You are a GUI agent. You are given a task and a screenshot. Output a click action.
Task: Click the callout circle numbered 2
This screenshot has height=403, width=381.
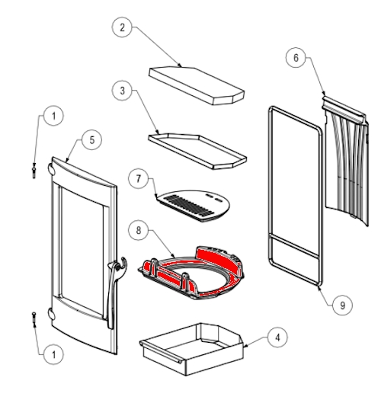[122, 27]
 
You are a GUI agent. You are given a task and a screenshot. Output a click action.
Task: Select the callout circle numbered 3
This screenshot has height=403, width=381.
[122, 91]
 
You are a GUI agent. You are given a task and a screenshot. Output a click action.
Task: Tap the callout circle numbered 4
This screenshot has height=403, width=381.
[277, 337]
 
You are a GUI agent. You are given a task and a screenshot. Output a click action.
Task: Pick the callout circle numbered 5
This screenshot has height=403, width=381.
[92, 140]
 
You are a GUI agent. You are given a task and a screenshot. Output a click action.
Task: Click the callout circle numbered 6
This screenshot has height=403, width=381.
[296, 58]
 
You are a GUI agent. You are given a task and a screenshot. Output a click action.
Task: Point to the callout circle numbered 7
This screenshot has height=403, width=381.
[139, 178]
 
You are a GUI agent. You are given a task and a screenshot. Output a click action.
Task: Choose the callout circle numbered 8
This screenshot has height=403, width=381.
[139, 230]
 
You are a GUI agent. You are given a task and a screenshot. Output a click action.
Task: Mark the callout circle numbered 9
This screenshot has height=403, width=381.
[342, 305]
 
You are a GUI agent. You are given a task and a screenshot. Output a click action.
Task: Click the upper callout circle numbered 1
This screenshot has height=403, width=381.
[53, 116]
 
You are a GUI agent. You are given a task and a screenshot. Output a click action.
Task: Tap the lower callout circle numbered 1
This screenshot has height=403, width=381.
[53, 355]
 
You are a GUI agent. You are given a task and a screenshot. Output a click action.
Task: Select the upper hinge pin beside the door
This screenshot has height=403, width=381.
[34, 171]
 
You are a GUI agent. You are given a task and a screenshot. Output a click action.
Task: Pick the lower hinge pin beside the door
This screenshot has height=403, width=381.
[34, 319]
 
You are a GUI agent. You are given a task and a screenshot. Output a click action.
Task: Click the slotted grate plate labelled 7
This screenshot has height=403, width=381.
[194, 206]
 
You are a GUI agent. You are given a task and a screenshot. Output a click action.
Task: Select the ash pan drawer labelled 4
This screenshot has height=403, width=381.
[191, 350]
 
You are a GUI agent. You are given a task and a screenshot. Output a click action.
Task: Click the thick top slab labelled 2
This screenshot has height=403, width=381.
[197, 85]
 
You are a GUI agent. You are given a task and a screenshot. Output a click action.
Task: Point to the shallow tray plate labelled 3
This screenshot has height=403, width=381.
[197, 151]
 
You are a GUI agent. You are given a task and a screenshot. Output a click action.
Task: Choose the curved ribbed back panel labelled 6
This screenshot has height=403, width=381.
[346, 162]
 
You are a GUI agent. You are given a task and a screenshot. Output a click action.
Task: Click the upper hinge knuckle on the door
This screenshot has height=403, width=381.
[51, 169]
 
